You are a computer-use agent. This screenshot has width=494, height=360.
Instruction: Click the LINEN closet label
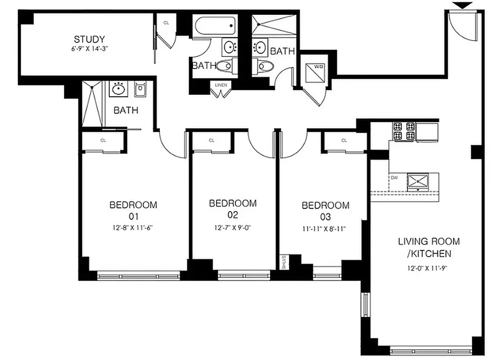221,85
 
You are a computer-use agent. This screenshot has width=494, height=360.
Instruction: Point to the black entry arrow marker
463,5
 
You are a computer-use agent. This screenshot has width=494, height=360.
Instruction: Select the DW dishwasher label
394,177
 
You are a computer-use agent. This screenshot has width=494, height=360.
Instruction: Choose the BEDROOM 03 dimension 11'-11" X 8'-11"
325,228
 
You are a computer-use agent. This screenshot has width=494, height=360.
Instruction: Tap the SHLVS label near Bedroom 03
284,262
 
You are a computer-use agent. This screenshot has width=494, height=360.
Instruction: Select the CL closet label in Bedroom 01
103,140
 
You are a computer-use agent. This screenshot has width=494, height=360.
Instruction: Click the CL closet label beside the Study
166,22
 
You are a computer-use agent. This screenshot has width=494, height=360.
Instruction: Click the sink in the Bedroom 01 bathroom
118,89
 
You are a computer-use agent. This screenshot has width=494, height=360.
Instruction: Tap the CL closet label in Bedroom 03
344,140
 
